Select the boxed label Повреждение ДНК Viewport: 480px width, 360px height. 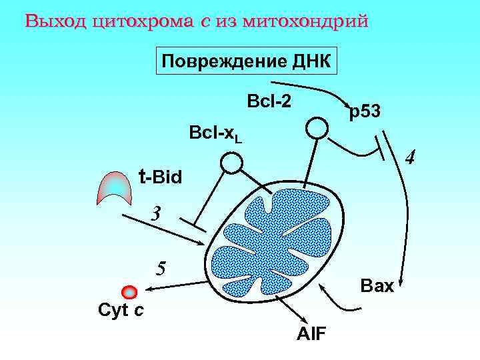(x=246, y=61)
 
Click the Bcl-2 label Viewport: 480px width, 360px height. (x=269, y=102)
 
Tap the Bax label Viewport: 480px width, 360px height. (x=377, y=287)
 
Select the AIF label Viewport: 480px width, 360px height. (x=311, y=333)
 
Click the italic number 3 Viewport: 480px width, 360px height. (x=155, y=215)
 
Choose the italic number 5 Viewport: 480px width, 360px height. (x=160, y=268)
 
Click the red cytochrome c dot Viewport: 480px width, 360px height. (x=129, y=291)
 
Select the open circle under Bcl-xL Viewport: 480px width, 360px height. (x=231, y=162)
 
